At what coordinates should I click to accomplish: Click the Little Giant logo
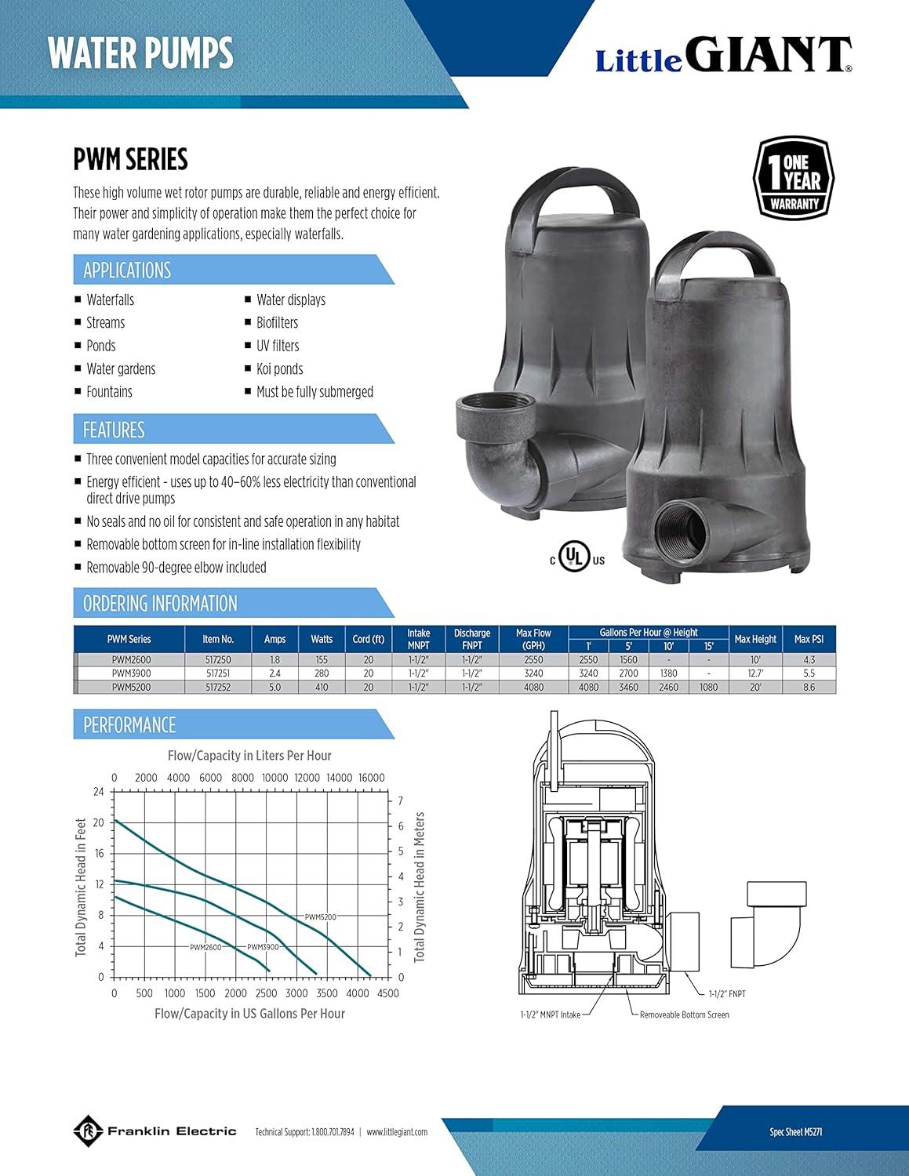click(724, 55)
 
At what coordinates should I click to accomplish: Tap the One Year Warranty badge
click(794, 179)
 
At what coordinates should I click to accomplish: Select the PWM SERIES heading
click(130, 159)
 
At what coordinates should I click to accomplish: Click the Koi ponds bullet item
click(279, 368)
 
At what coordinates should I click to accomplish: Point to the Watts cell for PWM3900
click(322, 673)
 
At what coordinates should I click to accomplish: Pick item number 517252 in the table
click(218, 687)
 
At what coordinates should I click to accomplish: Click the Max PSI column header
click(809, 639)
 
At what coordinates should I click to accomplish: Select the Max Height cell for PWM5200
click(755, 687)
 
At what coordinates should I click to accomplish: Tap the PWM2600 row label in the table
click(132, 659)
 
